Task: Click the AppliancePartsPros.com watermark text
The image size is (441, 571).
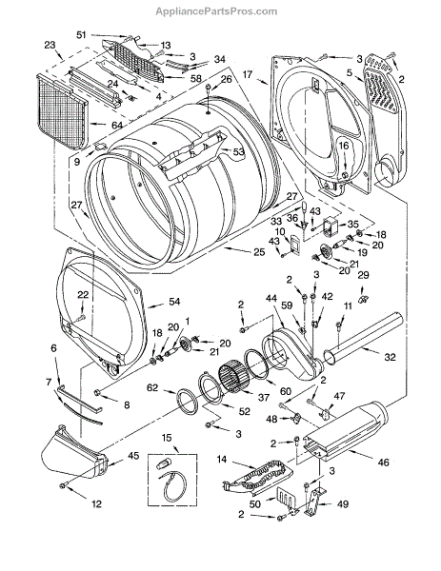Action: pos(216,11)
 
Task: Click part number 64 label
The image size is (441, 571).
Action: pos(117,125)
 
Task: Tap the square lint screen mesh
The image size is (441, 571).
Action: pos(63,112)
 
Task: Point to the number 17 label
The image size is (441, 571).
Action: pos(247,74)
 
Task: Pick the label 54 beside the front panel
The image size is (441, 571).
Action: pos(175,302)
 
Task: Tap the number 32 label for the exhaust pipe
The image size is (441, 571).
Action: pos(390,357)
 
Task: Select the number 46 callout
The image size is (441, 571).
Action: pos(383,463)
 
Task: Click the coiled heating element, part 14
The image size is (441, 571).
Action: pos(258,478)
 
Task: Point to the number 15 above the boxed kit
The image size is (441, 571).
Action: pos(167,438)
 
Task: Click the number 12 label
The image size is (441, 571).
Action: pos(96,504)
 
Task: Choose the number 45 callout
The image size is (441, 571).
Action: pos(133,456)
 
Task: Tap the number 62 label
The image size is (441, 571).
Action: pos(152,388)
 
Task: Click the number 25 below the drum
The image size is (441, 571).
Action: pos(259,251)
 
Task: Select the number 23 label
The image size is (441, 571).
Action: pos(50,45)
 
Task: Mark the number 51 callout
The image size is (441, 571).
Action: pos(81,34)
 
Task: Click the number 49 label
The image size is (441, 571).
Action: pos(343,504)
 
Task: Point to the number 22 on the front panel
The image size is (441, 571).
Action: pos(83,295)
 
